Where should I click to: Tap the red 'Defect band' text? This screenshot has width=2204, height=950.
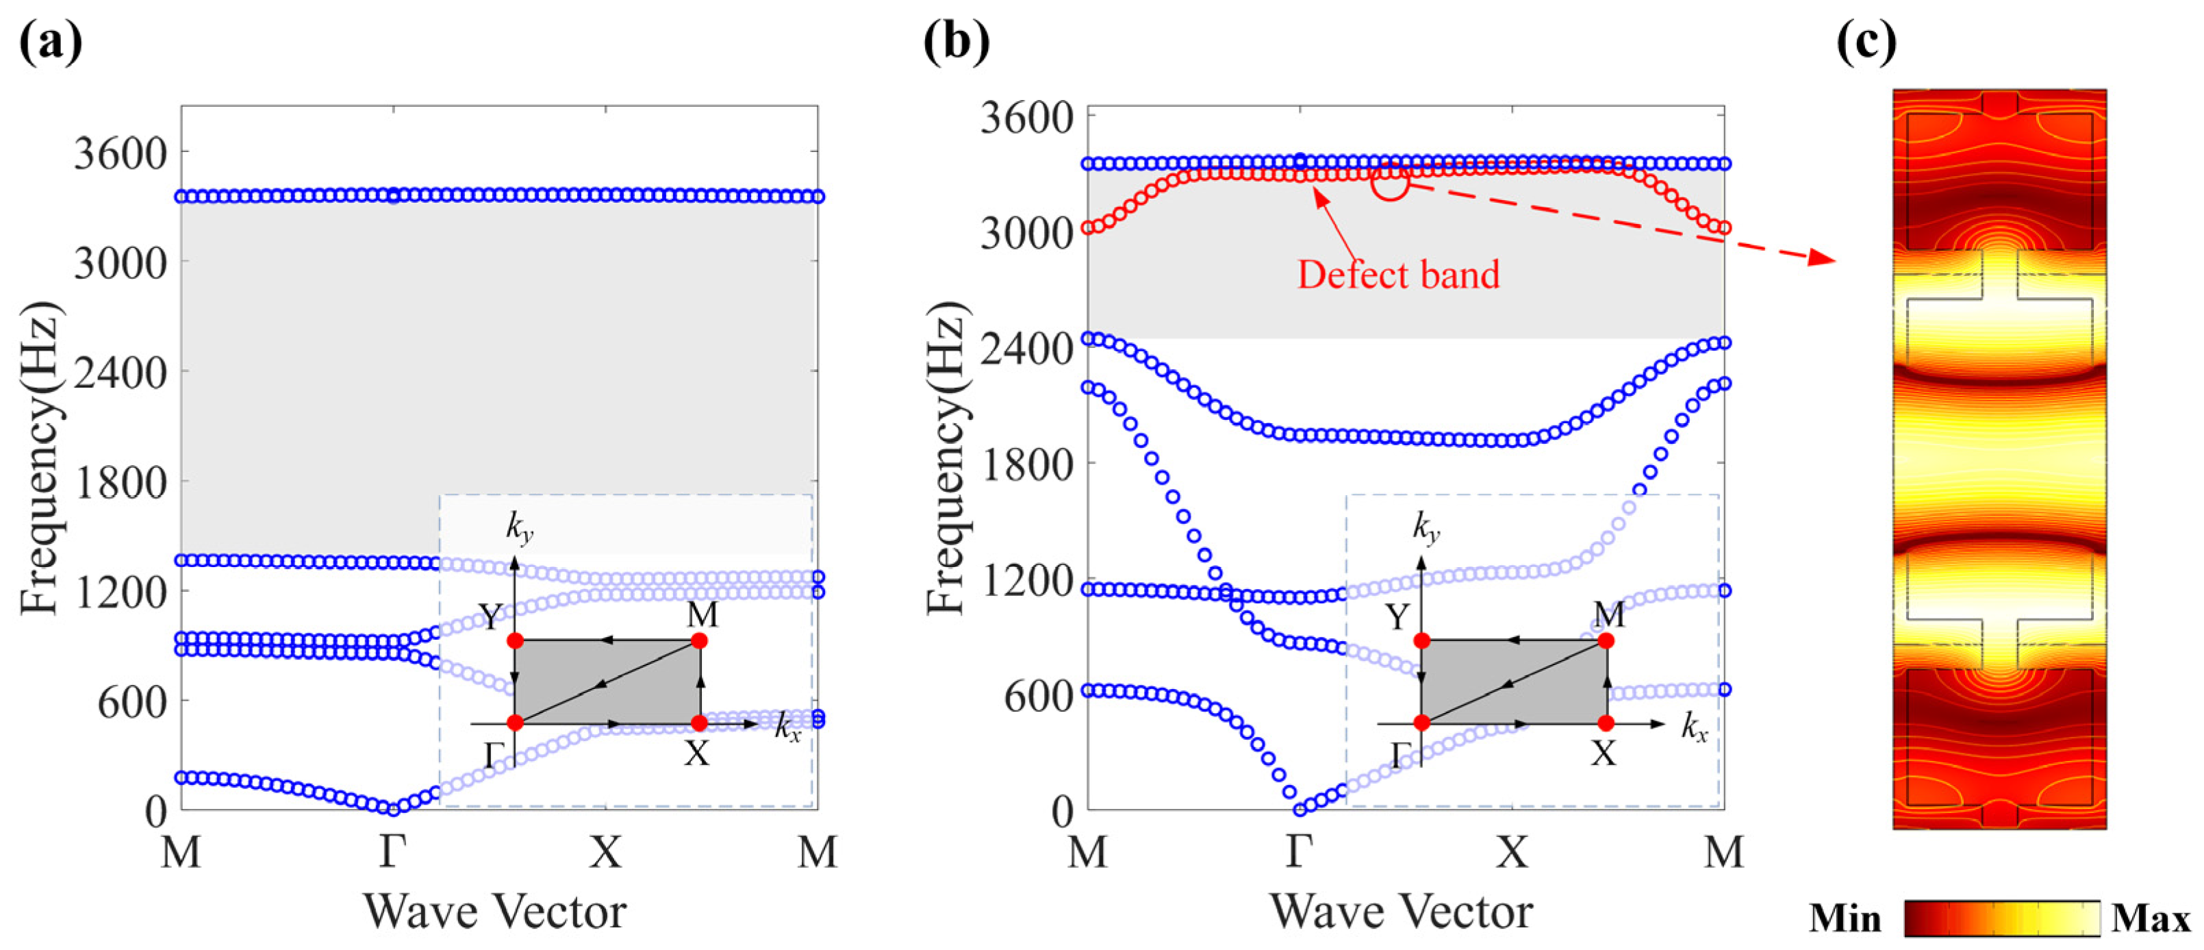[1398, 275]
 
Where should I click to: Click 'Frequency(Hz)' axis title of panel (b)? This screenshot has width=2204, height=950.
[946, 459]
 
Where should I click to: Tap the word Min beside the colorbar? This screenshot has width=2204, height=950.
[1845, 919]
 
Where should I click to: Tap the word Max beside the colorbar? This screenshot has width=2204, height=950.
[2150, 919]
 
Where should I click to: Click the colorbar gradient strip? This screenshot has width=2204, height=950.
[2002, 919]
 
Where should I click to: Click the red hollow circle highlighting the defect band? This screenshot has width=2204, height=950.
[1391, 182]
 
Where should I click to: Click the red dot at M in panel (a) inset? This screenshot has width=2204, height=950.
[699, 641]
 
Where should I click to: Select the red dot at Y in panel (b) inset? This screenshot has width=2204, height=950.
[1422, 641]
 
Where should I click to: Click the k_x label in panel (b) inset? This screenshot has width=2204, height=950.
[1694, 728]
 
